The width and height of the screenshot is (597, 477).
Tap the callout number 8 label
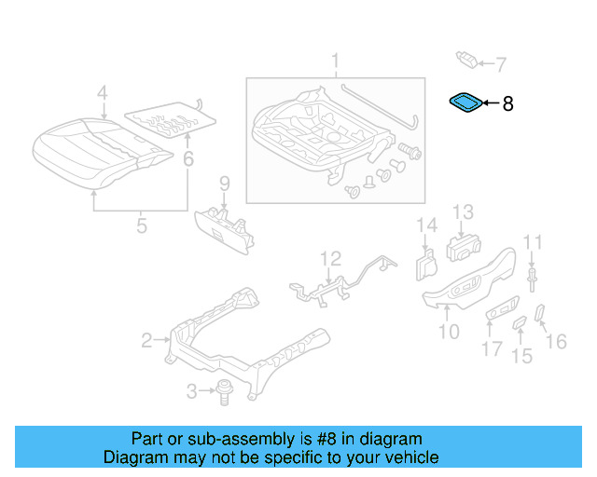tap(507, 104)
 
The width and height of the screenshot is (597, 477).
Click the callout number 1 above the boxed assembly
tap(335, 63)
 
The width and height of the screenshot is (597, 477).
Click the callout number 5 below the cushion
tap(141, 225)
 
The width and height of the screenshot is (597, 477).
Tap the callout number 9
tap(224, 182)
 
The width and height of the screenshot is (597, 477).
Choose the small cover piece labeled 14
tap(424, 263)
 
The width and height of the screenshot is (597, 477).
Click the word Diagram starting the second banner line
tap(132, 457)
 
